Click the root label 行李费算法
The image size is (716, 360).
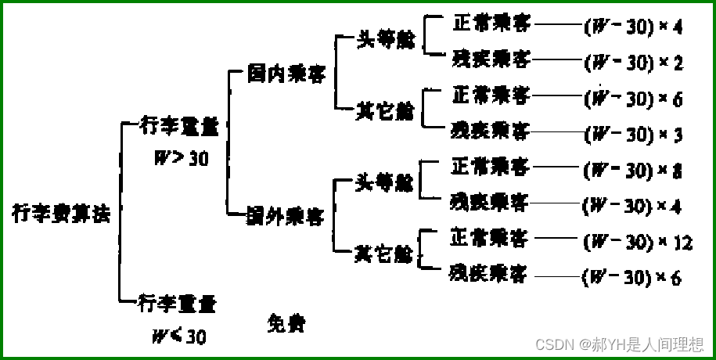point(60,213)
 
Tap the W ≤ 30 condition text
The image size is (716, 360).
point(178,337)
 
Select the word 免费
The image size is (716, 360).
point(284,322)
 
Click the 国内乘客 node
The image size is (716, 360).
point(286,74)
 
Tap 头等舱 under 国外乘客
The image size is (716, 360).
point(383,183)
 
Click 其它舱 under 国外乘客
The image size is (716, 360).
point(383,254)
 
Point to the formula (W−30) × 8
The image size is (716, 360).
point(633,171)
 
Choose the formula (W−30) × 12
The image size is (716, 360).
point(638,243)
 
